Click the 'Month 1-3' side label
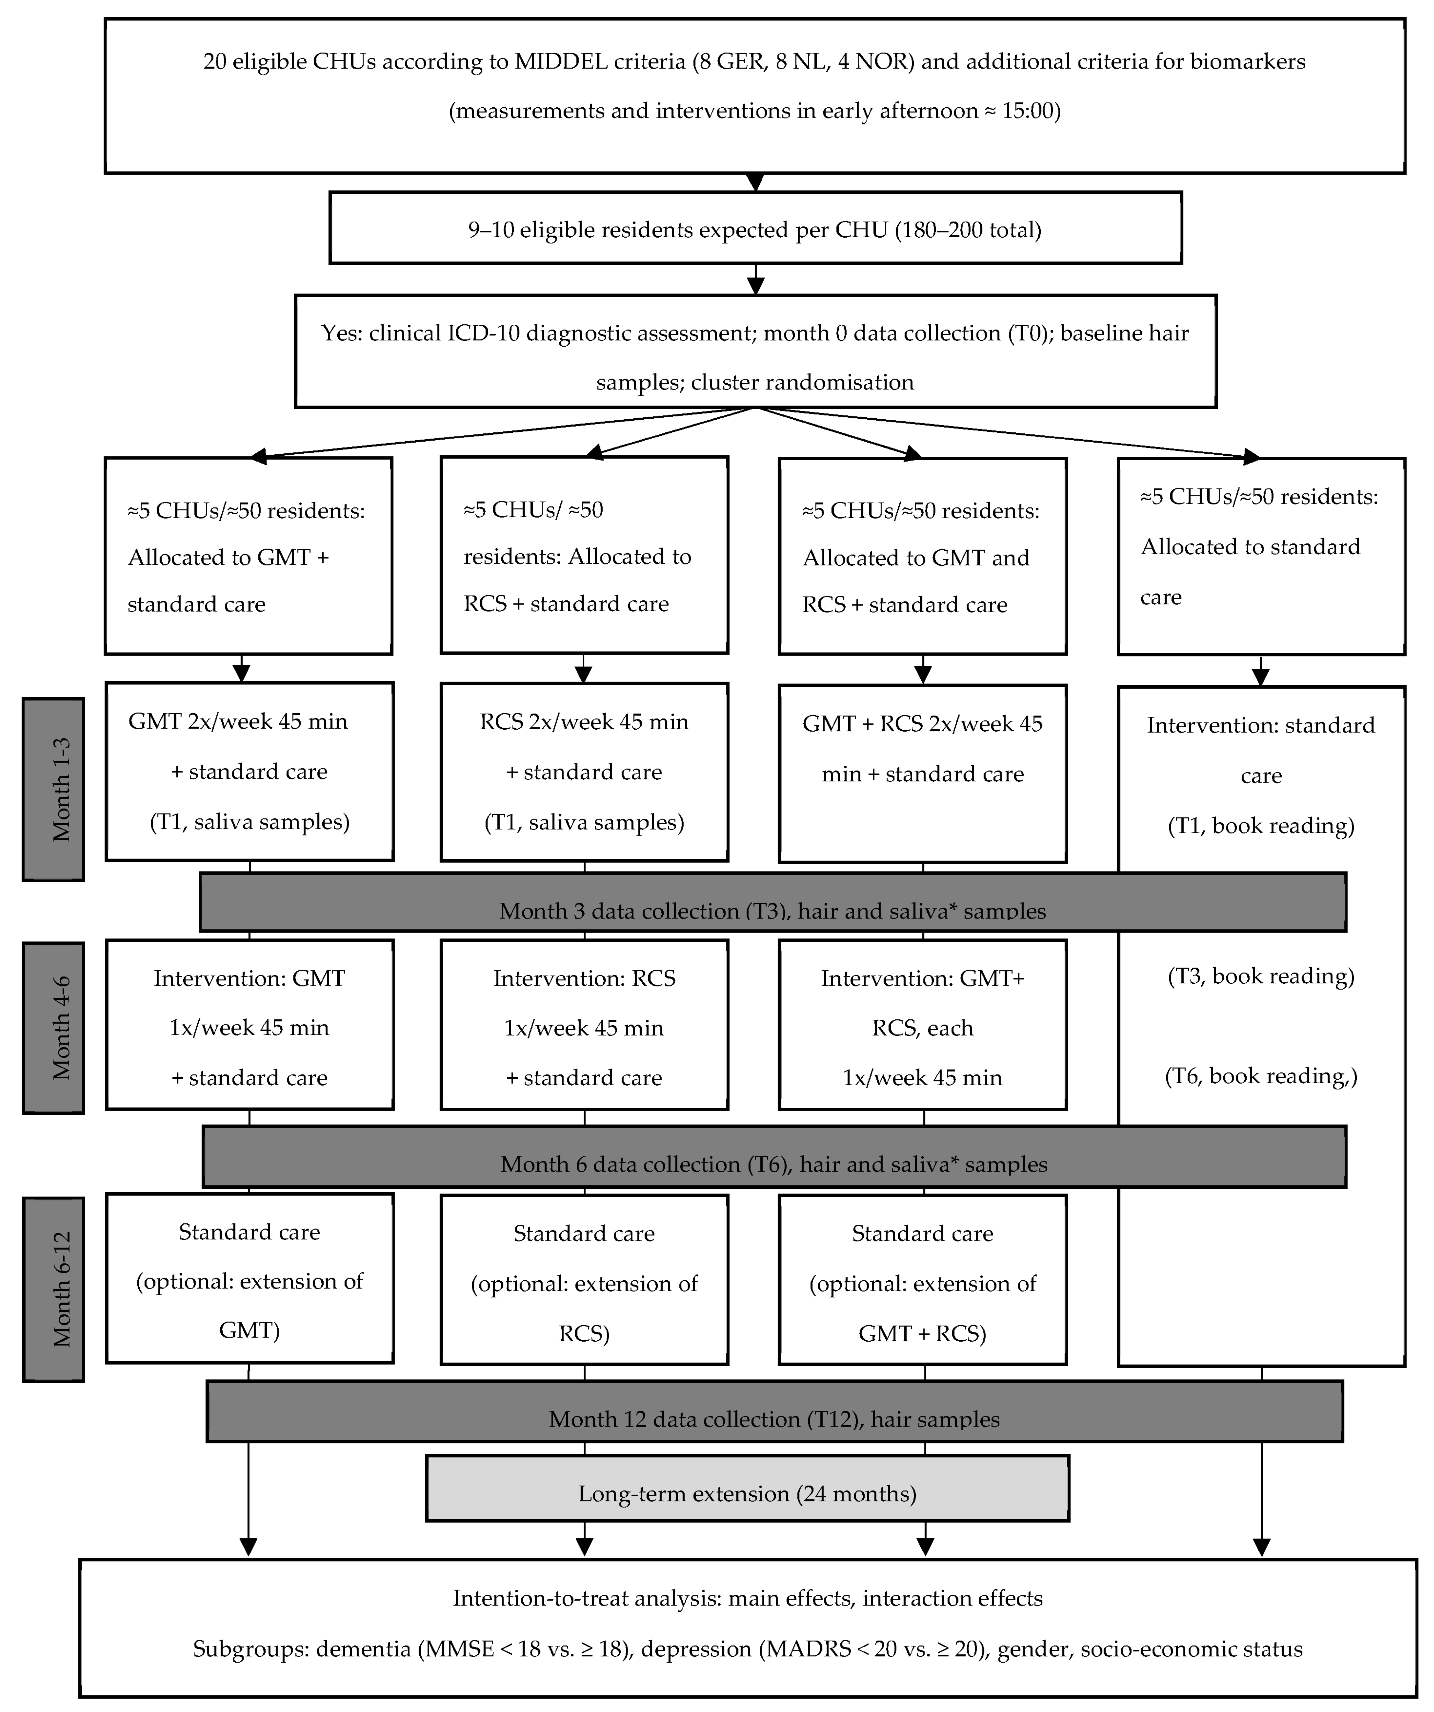click(x=53, y=789)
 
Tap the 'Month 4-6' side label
click(x=53, y=1027)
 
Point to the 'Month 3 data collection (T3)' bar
click(x=772, y=902)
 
